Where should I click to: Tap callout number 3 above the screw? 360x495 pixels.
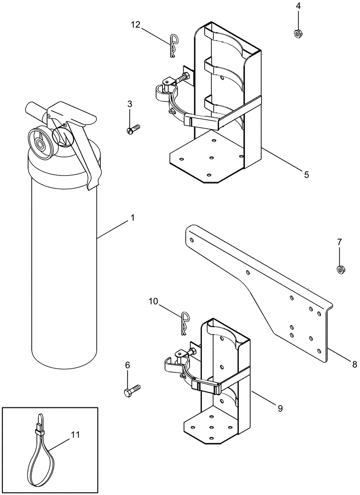(x=130, y=104)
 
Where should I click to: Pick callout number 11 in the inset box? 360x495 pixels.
(x=75, y=435)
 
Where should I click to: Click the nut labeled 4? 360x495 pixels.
(x=298, y=34)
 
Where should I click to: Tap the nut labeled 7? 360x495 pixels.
(x=340, y=270)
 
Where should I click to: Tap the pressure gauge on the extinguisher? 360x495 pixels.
(x=39, y=144)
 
